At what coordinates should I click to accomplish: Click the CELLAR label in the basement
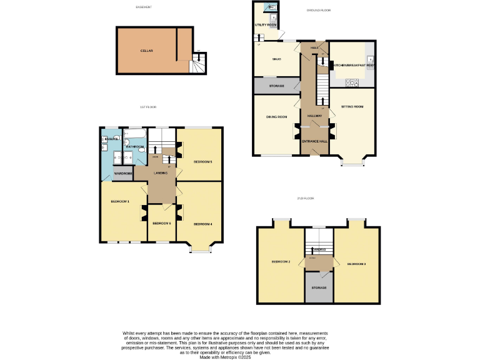click(147, 51)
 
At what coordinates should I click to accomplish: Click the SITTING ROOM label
click(352, 107)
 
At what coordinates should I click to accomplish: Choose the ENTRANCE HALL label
click(314, 141)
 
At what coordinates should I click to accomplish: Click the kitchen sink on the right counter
click(371, 60)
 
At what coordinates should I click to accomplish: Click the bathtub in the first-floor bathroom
click(136, 133)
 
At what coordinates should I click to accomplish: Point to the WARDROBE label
click(123, 173)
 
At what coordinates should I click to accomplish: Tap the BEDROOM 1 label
click(119, 201)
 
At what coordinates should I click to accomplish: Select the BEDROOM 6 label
click(161, 223)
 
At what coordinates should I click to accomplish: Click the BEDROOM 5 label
click(202, 162)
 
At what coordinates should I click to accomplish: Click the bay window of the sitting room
click(352, 164)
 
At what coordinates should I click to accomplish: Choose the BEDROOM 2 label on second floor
click(280, 261)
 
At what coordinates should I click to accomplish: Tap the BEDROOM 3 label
click(356, 264)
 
